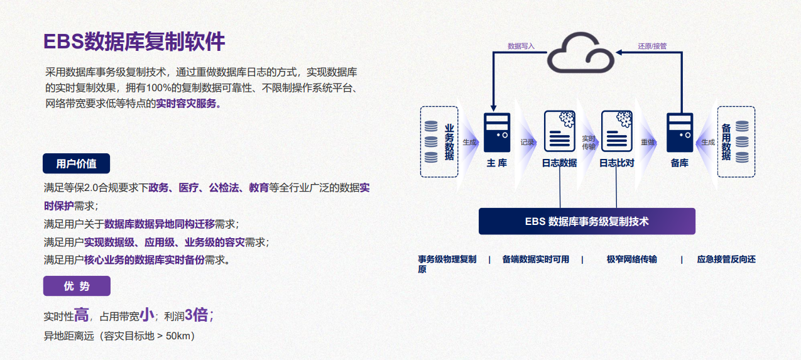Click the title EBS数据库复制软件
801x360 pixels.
click(x=134, y=42)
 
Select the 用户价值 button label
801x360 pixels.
click(x=76, y=164)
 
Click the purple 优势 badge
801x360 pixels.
click(x=77, y=286)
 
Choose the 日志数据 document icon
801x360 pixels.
click(x=559, y=131)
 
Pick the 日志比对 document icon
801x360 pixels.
click(x=616, y=131)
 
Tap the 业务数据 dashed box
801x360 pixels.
click(x=439, y=141)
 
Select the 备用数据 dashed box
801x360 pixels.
click(x=736, y=141)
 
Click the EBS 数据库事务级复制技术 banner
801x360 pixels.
click(x=587, y=221)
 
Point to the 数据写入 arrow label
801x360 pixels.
click(x=521, y=46)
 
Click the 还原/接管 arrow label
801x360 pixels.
click(x=652, y=46)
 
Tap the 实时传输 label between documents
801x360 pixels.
click(x=589, y=143)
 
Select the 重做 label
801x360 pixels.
click(x=648, y=143)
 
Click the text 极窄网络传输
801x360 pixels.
click(x=631, y=259)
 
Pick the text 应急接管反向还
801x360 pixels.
click(x=726, y=259)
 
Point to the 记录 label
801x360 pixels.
click(x=527, y=143)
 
